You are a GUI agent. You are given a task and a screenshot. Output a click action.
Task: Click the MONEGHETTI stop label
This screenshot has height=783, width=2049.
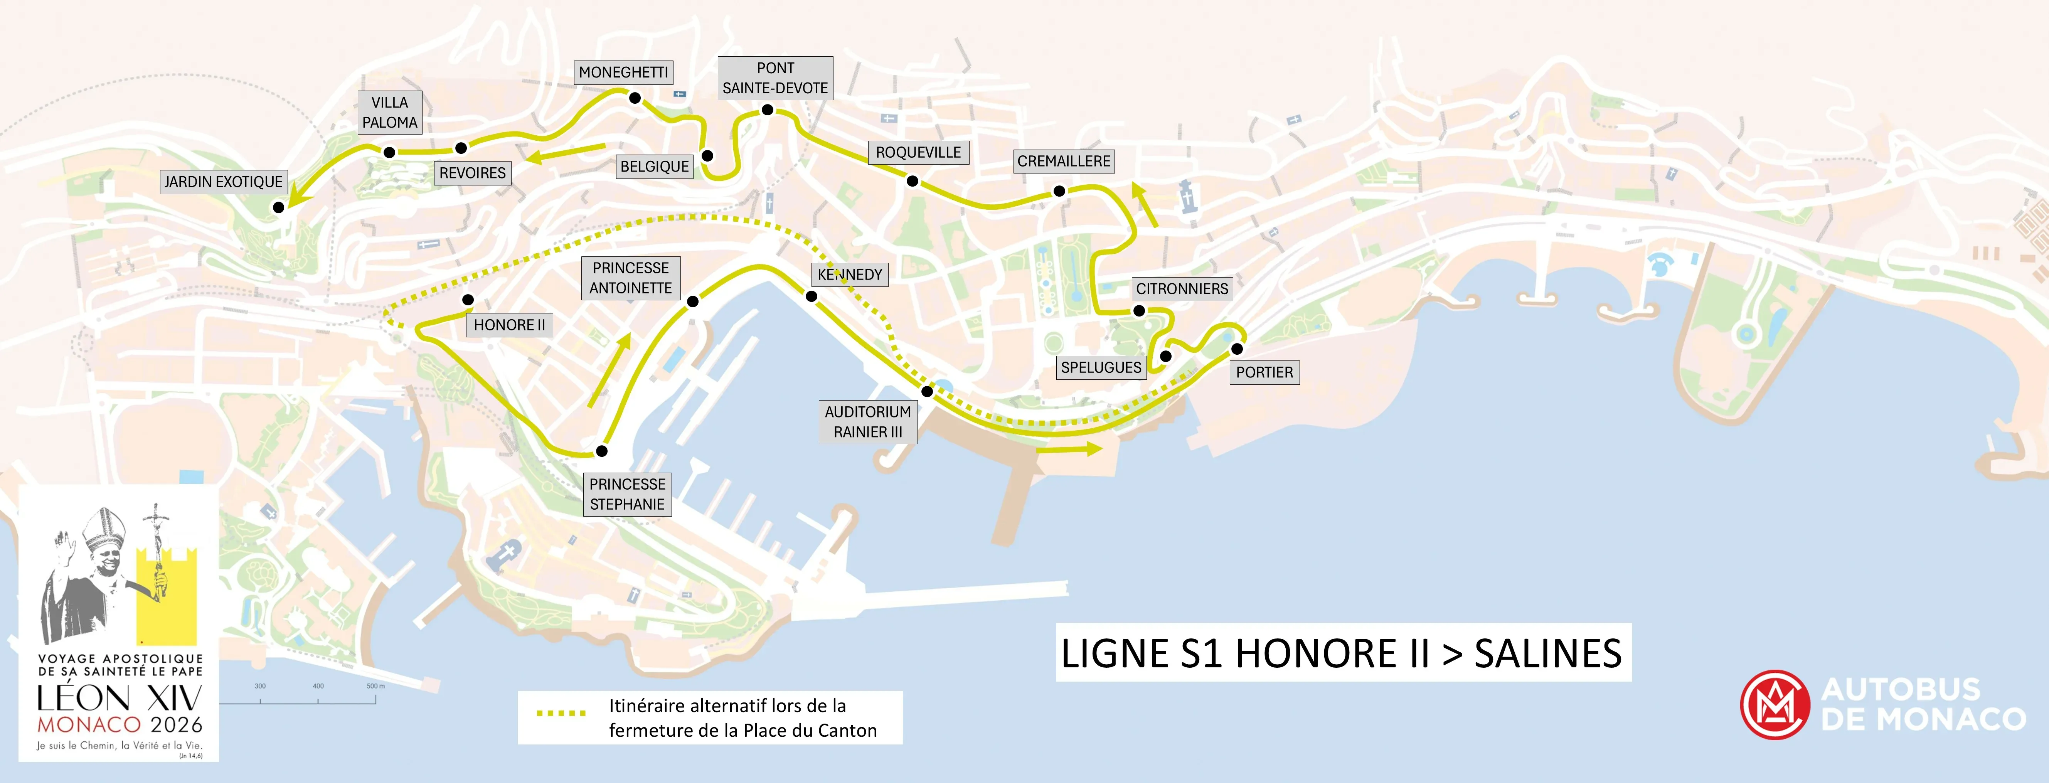[x=624, y=72]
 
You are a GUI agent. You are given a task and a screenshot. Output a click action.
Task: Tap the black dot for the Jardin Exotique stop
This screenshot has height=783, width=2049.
[x=278, y=207]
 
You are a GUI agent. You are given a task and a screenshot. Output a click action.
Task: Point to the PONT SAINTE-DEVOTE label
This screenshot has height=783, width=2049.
[x=775, y=78]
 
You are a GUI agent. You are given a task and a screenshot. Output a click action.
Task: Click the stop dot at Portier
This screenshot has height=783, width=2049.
[x=1237, y=349]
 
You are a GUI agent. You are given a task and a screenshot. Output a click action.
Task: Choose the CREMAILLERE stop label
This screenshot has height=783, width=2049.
[x=1064, y=162]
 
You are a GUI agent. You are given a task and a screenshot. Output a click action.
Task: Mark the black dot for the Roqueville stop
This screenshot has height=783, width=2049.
[x=913, y=182]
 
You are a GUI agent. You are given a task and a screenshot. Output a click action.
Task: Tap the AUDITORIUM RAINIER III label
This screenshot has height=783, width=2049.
[x=868, y=422]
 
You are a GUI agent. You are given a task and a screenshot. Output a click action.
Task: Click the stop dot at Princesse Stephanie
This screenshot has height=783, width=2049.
[x=602, y=451]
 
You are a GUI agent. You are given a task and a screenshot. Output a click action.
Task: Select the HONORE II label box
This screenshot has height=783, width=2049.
[x=509, y=325]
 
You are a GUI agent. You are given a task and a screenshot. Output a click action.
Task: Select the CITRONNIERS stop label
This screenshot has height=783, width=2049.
[x=1182, y=289]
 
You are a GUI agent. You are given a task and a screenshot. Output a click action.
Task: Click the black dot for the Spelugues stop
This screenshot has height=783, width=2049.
[x=1166, y=357]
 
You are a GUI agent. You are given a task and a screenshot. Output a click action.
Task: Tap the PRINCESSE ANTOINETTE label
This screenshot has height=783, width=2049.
[x=631, y=278]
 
